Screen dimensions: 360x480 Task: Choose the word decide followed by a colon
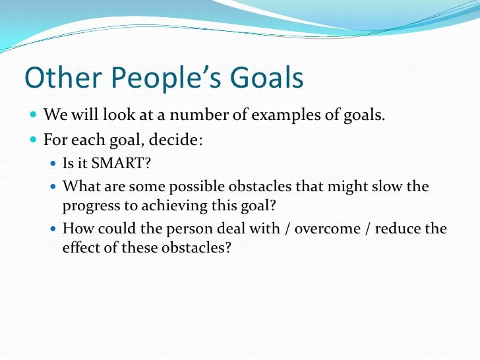click(177, 140)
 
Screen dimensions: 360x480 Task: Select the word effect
click(82, 249)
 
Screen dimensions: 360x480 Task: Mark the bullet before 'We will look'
click(34, 117)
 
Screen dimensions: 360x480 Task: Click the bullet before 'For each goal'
click(34, 140)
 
